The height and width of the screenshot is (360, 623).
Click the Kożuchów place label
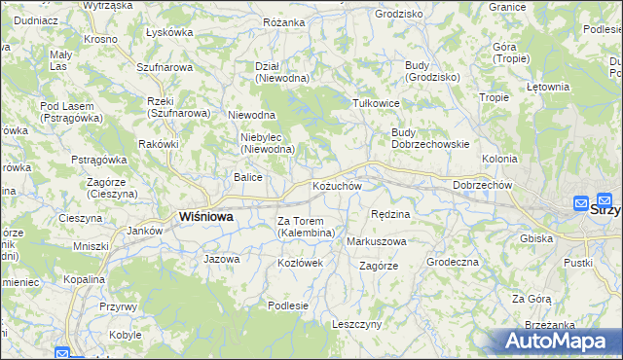(x=337, y=186)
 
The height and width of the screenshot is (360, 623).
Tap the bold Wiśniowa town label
(x=205, y=217)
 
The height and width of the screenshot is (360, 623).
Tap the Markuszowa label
(x=377, y=240)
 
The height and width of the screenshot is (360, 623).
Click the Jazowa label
(x=221, y=259)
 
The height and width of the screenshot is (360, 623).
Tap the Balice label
(x=247, y=177)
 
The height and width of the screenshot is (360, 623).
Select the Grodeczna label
(x=452, y=262)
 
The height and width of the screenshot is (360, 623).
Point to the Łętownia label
(x=547, y=87)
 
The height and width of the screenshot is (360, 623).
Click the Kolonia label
(x=499, y=158)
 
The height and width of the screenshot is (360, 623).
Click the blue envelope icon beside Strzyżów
(x=581, y=204)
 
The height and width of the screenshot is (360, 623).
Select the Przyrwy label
(x=118, y=306)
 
